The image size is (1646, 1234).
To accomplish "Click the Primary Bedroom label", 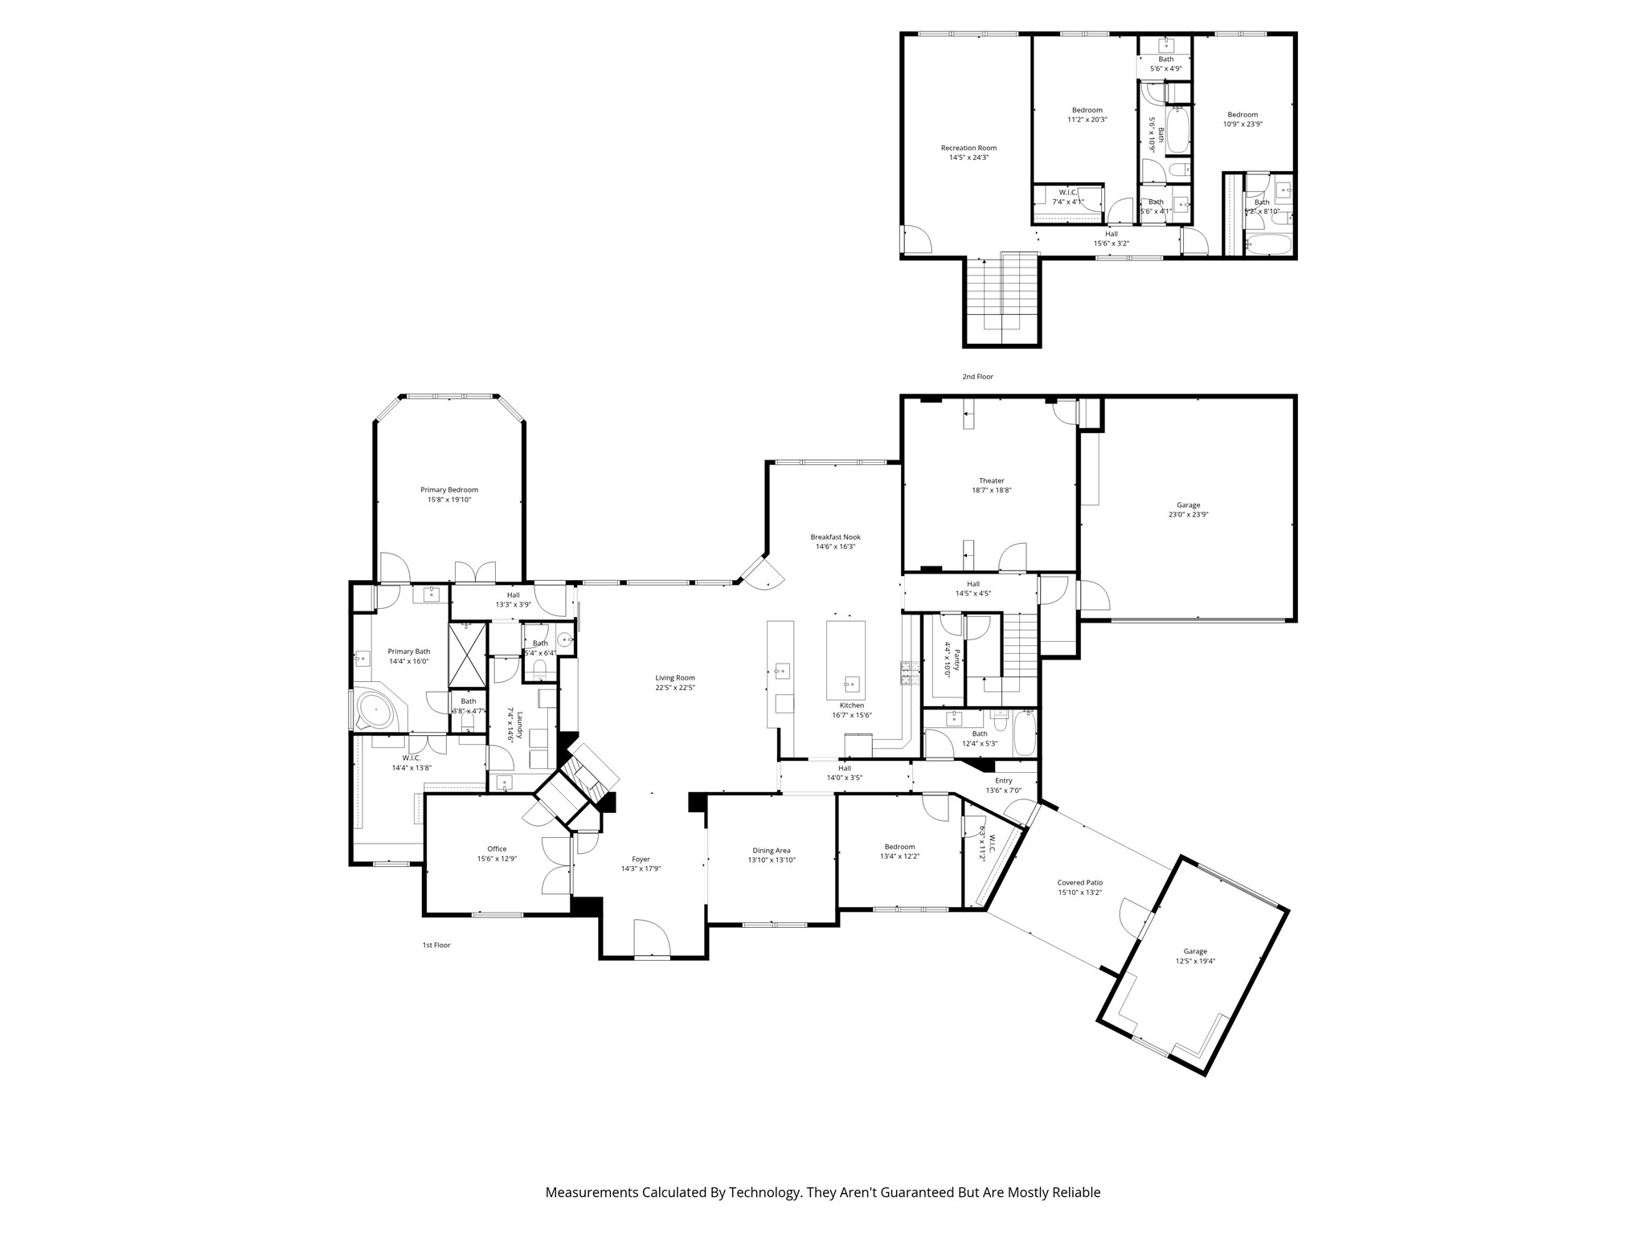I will point(448,490).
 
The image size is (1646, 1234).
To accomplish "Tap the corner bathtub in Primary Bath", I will point(375,711).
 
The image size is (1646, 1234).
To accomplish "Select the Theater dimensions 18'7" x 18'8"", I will point(991,490).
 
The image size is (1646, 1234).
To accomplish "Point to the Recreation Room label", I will point(968,148).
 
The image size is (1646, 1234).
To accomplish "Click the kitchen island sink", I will point(851,684).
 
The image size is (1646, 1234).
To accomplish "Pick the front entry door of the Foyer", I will point(652,939).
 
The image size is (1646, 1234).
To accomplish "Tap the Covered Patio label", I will point(1079,882).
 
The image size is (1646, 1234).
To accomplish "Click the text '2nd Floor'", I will point(977,377).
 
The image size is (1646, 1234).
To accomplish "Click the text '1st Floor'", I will point(436,945).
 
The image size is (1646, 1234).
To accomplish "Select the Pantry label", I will point(956,660).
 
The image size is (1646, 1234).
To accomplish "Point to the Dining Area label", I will point(771,850).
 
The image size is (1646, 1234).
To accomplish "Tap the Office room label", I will point(497,848).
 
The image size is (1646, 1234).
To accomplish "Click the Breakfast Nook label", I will point(835,537).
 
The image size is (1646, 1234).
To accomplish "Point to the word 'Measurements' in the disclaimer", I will point(591,1192).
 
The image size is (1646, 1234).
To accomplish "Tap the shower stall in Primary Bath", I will point(467,653).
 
